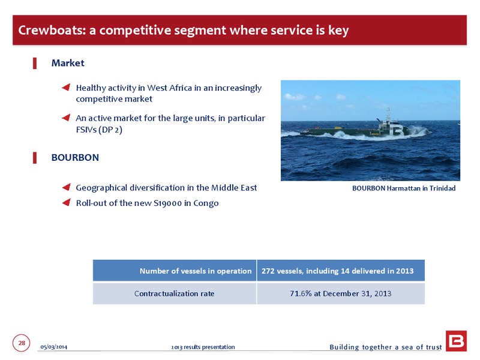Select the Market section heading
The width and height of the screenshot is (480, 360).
coord(68,63)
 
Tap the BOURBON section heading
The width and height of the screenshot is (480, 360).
coord(75,157)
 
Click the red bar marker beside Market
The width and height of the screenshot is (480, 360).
coord(35,64)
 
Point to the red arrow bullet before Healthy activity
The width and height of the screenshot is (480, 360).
coord(66,88)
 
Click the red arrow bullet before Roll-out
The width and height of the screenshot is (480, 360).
coord(67,202)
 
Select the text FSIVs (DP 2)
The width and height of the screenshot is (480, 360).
coord(99,130)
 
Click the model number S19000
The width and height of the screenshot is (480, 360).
coord(167,203)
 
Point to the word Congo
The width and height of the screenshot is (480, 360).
coord(206,203)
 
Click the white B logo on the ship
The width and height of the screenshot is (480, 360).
coord(398,130)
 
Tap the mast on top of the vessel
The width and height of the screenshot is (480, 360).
coord(388,113)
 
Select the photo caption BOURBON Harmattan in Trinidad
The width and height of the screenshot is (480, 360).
coord(404,188)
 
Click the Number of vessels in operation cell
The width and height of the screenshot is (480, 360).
coord(175,271)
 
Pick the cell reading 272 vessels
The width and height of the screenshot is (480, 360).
coord(341,271)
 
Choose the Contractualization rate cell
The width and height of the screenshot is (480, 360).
coord(175,293)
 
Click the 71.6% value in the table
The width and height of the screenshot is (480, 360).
coord(301,293)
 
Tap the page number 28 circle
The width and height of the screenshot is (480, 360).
coord(22,343)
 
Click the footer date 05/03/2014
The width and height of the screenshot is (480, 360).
coord(54,347)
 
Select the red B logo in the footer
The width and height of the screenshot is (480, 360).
coord(456,341)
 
